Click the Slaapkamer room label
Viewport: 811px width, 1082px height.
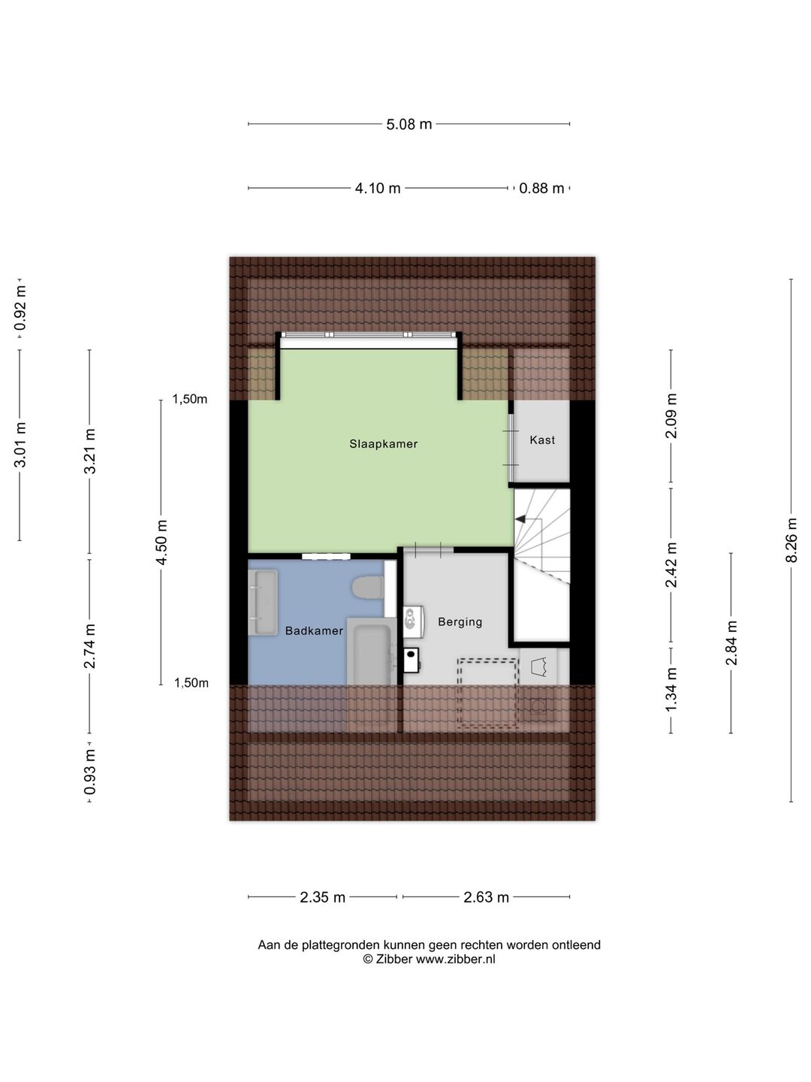pos(383,444)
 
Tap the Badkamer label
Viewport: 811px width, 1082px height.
pos(314,631)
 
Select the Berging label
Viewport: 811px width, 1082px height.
pos(460,622)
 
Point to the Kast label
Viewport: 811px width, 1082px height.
pos(542,440)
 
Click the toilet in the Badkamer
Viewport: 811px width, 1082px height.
pos(368,588)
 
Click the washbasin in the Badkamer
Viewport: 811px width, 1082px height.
pos(263,602)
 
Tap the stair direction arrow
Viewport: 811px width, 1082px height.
pos(520,518)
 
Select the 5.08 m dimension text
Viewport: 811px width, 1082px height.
pos(409,125)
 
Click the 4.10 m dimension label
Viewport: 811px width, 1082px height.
pos(378,189)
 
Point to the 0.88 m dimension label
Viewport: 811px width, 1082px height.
pos(541,189)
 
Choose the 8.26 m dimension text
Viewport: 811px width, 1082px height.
pos(791,540)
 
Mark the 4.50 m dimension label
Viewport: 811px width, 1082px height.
pos(161,542)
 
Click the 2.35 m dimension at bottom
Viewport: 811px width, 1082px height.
pos(323,897)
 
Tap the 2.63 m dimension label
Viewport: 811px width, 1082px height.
pos(487,897)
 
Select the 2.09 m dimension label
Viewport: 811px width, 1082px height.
pos(671,416)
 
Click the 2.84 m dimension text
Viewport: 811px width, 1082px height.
pos(731,643)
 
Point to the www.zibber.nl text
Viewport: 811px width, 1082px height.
pos(455,960)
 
